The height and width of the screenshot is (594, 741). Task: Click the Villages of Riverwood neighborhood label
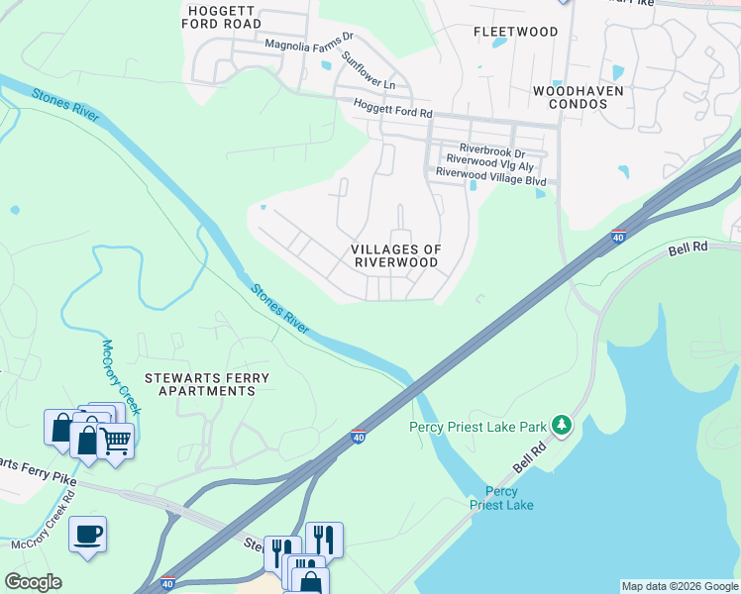(396, 255)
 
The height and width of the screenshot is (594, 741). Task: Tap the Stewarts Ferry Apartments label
(200, 384)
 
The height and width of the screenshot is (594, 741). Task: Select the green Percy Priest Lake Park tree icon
(563, 426)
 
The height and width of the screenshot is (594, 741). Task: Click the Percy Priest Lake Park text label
(477, 427)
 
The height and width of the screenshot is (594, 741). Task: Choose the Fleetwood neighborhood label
(516, 32)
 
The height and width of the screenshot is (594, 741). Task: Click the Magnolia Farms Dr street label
(308, 45)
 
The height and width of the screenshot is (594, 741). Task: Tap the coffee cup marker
(87, 535)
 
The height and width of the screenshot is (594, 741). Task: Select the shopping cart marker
(116, 441)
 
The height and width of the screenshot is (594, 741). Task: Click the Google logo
(33, 582)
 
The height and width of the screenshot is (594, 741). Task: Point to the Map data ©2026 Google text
(680, 586)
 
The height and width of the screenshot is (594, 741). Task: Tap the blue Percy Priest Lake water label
(501, 499)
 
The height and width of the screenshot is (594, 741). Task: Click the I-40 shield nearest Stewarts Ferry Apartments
(359, 436)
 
